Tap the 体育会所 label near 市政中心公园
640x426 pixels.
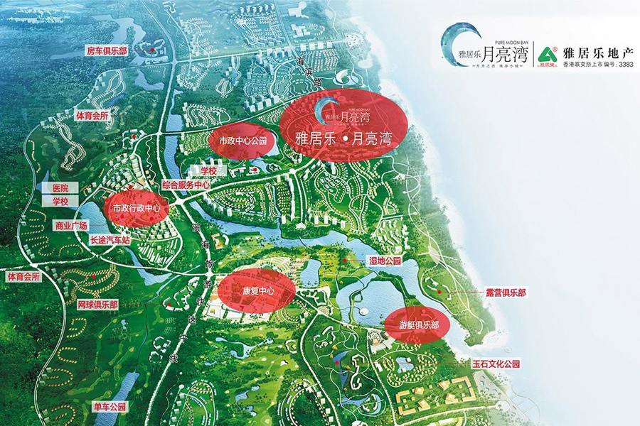(x=93, y=115)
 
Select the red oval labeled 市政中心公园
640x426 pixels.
(x=242, y=141)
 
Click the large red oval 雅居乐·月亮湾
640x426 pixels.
(x=343, y=127)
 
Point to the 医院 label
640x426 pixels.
(x=60, y=188)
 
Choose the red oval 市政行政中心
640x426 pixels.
(x=137, y=209)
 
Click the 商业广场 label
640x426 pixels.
(x=70, y=226)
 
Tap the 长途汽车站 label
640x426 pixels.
(x=110, y=241)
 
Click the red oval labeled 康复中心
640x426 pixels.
(x=256, y=291)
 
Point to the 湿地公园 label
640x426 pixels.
(x=385, y=261)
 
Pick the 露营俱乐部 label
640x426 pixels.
(x=506, y=292)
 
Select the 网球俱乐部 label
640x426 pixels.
(x=98, y=304)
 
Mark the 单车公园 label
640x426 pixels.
(x=110, y=407)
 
